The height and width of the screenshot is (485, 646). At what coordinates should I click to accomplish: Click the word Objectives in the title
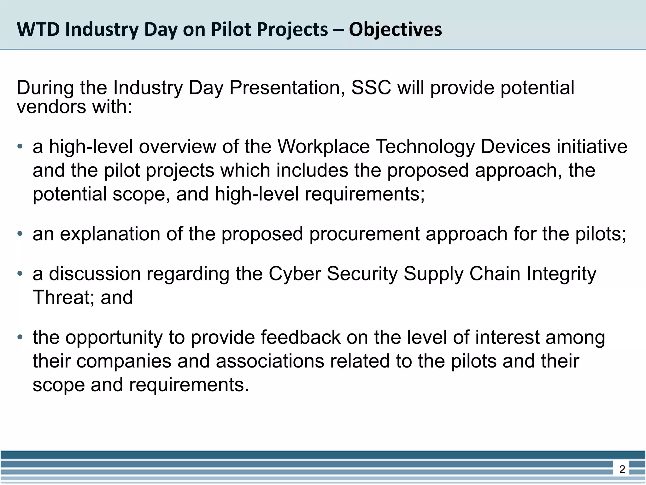[395, 30]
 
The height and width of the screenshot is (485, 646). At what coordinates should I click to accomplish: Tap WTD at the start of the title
[38, 29]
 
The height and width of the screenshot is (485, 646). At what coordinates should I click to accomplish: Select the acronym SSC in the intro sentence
[371, 87]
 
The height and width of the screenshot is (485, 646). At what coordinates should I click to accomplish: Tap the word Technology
[425, 147]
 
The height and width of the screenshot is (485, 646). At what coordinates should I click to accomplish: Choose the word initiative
[592, 147]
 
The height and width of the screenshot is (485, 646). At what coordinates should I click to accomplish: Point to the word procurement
[364, 234]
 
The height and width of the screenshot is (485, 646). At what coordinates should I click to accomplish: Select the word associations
[270, 361]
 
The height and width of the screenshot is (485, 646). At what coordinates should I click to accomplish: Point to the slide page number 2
[622, 470]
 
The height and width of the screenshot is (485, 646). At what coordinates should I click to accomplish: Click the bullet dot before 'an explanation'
[20, 234]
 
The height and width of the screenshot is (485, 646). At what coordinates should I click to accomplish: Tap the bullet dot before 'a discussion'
[20, 273]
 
